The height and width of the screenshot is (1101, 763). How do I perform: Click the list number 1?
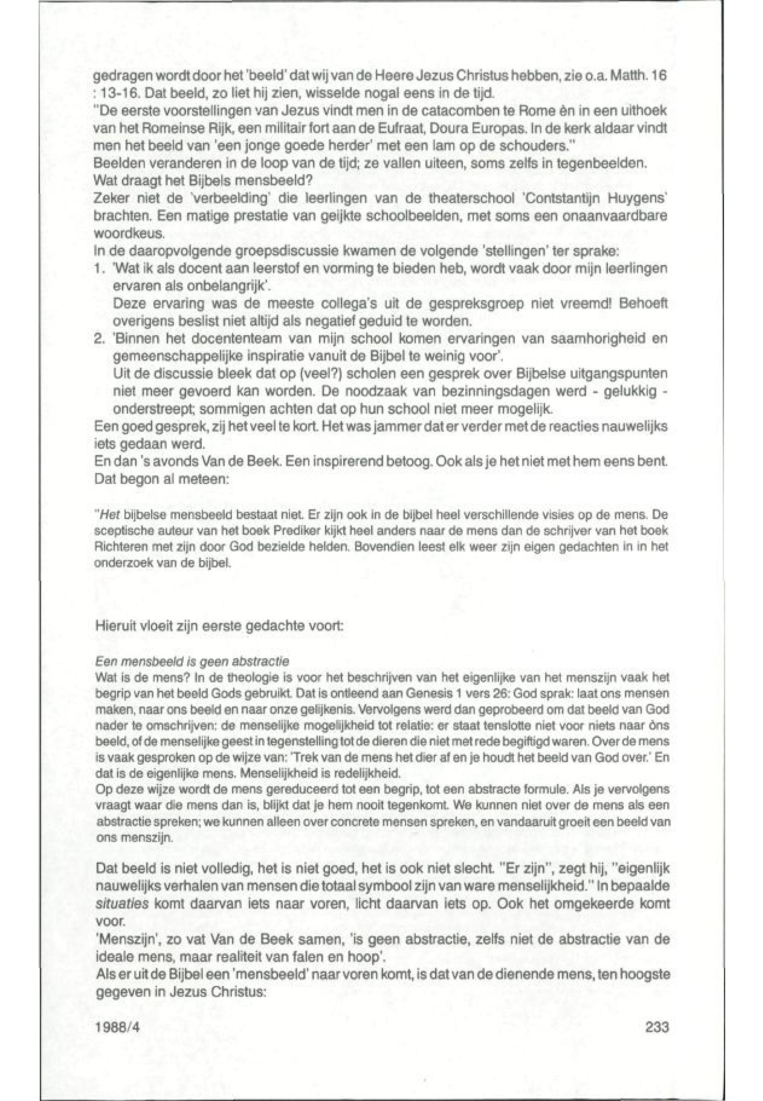(x=99, y=269)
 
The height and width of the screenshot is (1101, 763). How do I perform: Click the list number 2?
(x=99, y=339)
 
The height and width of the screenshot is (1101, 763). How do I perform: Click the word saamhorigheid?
(x=599, y=339)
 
